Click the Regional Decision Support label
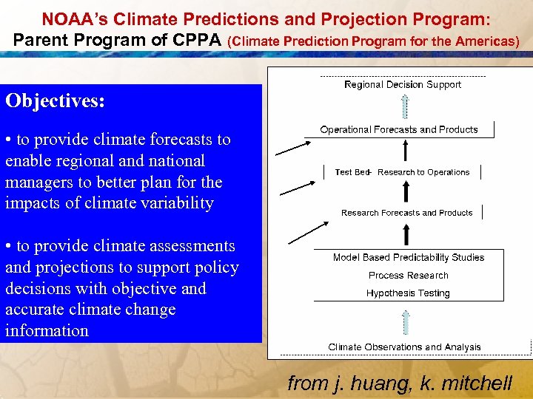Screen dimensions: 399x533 pos(402,85)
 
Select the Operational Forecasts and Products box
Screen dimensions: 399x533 pos(399,130)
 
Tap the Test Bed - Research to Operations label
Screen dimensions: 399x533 pos(402,172)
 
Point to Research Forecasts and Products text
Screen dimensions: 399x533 pos(406,213)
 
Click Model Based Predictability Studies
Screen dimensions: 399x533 pos(408,258)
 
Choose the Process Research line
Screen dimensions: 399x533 pos(408,276)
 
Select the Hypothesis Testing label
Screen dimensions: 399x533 pos(408,293)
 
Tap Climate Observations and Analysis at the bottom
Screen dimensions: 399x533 pos(404,347)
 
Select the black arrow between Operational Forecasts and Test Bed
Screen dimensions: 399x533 pos(404,151)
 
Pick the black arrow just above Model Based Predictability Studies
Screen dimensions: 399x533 pos(404,234)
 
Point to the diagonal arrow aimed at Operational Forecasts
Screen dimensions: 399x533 pos(293,149)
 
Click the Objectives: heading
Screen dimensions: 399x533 pos(55,101)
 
